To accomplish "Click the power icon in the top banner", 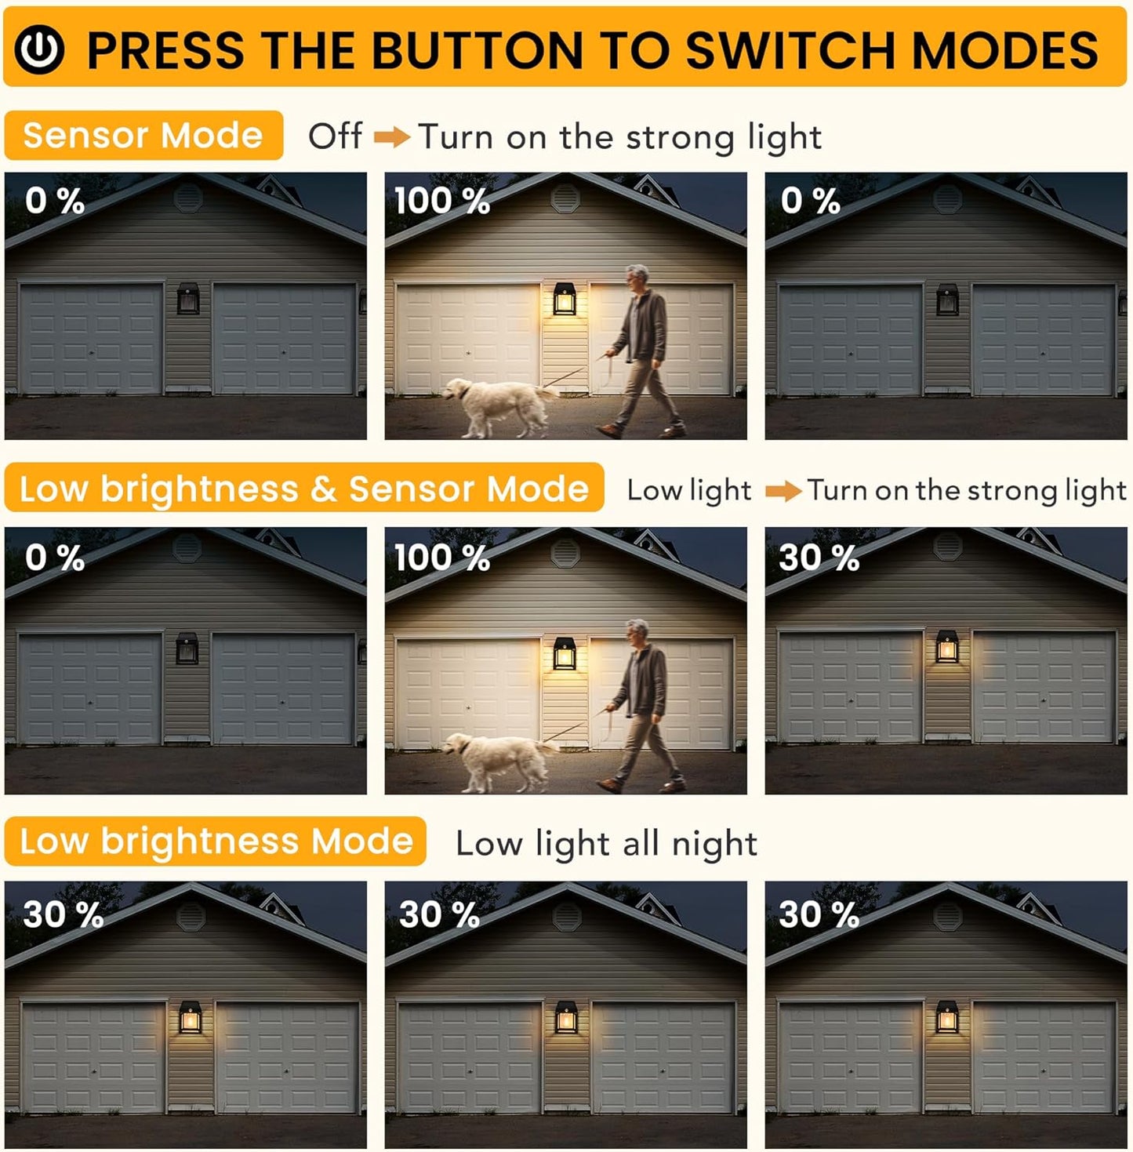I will tap(39, 49).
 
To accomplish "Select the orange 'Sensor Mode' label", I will tap(143, 136).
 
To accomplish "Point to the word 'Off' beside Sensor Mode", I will tap(336, 136).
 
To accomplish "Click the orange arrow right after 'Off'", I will tap(392, 138).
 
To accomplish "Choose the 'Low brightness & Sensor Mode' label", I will tap(304, 489).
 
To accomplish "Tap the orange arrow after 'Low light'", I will tap(783, 492).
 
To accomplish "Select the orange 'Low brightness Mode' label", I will tap(216, 841).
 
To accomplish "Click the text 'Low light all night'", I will tap(606, 844).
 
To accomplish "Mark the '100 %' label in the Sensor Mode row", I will tap(442, 201).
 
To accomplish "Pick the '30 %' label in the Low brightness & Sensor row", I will tap(819, 558).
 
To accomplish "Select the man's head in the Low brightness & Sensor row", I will tap(638, 632).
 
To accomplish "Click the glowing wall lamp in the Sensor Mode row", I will tap(565, 299).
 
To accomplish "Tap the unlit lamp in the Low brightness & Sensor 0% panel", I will tap(187, 649).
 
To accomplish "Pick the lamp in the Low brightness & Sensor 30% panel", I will tap(947, 648).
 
